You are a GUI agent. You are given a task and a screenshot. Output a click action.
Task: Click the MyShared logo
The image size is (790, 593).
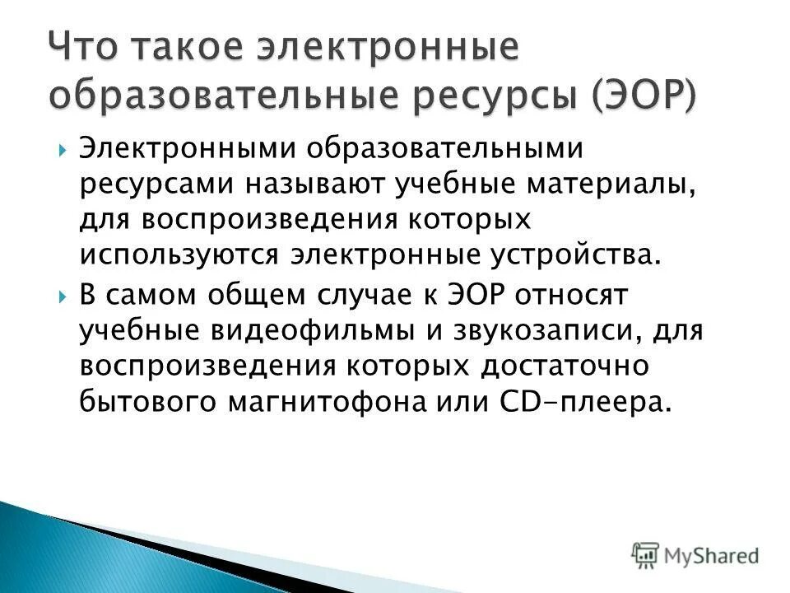click(x=695, y=555)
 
